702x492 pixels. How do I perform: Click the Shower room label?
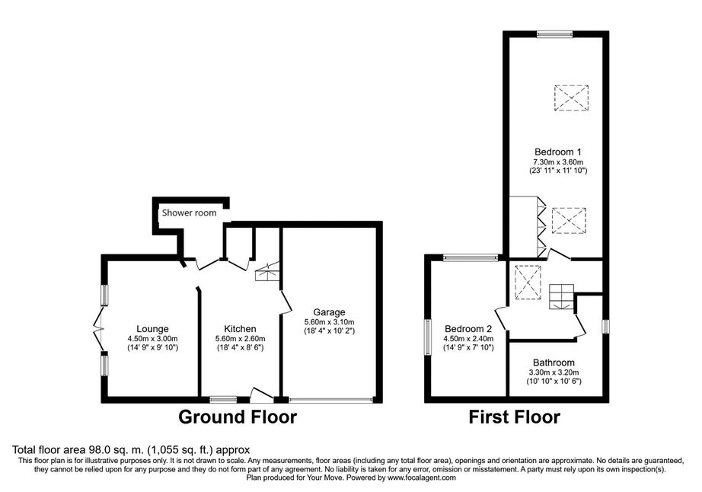(x=189, y=212)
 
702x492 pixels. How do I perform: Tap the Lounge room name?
(x=152, y=329)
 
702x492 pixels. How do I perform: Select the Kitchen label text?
(x=240, y=329)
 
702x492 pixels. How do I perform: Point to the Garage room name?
(x=329, y=312)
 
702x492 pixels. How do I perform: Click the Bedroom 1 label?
(x=558, y=152)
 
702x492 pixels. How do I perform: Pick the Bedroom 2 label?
(x=467, y=329)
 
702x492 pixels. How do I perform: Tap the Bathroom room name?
(x=554, y=363)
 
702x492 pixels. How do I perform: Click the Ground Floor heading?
(x=238, y=417)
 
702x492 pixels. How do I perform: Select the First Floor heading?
(x=514, y=417)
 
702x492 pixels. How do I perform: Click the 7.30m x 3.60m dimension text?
(x=558, y=161)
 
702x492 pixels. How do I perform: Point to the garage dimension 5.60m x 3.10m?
(x=329, y=322)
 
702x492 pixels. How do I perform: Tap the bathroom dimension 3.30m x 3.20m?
(x=554, y=372)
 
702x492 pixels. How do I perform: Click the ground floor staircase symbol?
(x=267, y=271)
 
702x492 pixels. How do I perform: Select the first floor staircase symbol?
(x=561, y=296)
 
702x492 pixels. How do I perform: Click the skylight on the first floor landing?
(x=528, y=282)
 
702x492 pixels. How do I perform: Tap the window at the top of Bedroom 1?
(x=555, y=34)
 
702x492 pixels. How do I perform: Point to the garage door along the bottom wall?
(x=331, y=399)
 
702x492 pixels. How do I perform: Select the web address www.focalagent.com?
(x=422, y=478)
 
